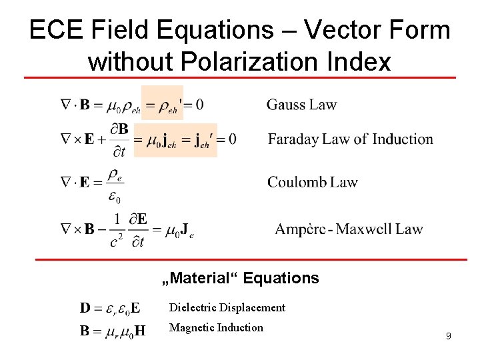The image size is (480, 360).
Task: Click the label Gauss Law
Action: (x=301, y=105)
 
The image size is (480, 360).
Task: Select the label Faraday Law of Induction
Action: (x=350, y=139)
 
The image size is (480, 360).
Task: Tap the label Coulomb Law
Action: (x=312, y=182)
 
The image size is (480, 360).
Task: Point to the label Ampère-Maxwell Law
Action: (x=349, y=229)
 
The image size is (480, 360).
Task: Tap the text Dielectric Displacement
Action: (x=227, y=307)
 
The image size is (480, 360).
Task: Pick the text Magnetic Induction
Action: (x=216, y=327)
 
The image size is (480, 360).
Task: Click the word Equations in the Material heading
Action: (x=281, y=278)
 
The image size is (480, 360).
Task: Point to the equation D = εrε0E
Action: (x=111, y=308)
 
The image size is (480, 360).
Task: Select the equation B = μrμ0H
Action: (x=112, y=330)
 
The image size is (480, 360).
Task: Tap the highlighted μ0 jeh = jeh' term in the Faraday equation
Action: (x=176, y=140)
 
